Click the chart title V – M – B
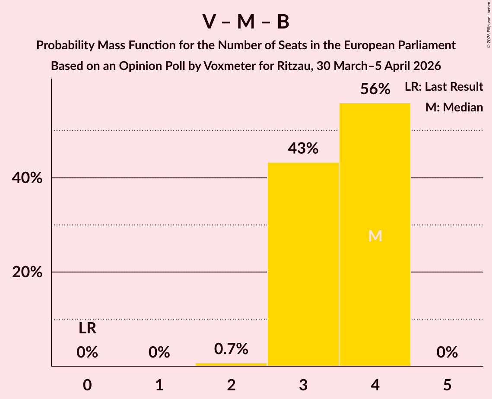click(246, 22)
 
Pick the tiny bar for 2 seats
click(231, 364)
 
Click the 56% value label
click(375, 89)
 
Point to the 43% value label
click(303, 149)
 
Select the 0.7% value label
click(231, 348)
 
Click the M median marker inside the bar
click(375, 236)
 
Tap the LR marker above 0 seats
click(87, 329)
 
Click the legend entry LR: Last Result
click(444, 87)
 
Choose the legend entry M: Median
click(454, 107)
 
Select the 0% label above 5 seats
click(447, 353)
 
